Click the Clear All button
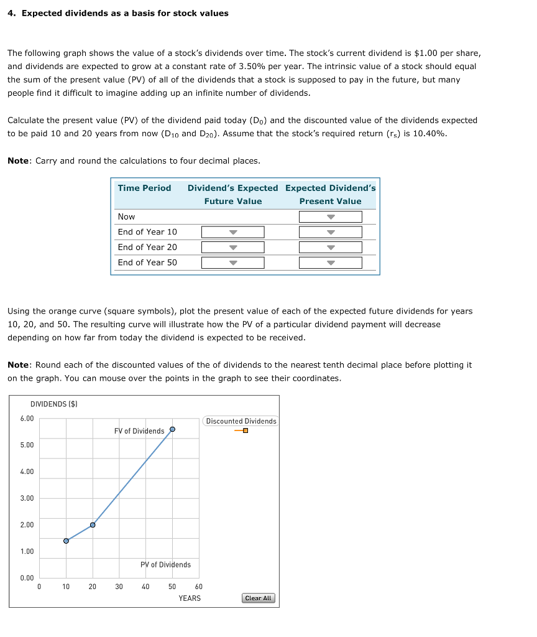click(258, 598)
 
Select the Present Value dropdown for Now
click(330, 216)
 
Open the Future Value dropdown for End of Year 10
click(232, 232)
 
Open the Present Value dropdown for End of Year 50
click(330, 263)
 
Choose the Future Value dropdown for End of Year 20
click(232, 247)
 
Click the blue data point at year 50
click(172, 429)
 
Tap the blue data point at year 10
click(66, 541)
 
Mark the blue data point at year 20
click(93, 525)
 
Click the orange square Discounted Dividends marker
click(246, 431)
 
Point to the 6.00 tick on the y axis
click(27, 419)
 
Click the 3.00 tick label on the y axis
click(27, 498)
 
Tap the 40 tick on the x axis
click(145, 586)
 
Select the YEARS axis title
click(190, 598)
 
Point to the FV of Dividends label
click(139, 431)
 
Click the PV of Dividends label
click(165, 565)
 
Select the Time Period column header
click(144, 188)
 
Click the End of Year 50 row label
click(147, 263)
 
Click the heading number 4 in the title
click(11, 13)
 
